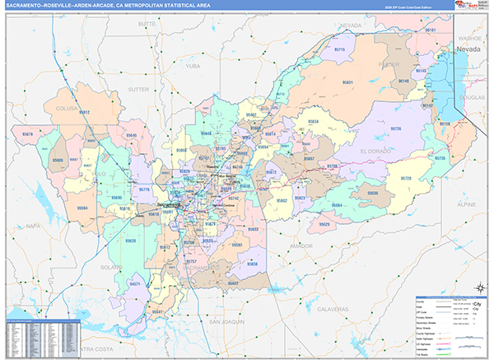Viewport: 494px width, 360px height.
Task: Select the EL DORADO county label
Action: [x=375, y=151]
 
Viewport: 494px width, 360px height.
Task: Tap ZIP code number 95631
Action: [x=348, y=82]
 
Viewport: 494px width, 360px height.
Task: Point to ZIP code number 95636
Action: [x=373, y=192]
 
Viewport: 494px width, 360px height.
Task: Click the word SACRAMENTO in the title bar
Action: [x=30, y=6]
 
